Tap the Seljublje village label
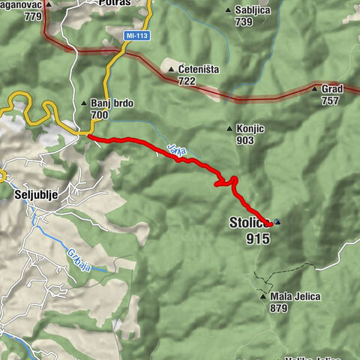pos(34,193)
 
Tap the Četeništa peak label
pos(199,69)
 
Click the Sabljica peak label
pos(253,10)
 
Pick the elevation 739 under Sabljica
pos(243,22)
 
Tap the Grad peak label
pos(331,88)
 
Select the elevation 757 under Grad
pos(331,100)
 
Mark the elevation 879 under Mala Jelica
pos(280,308)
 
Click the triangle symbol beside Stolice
pos(278,222)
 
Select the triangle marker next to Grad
pos(313,88)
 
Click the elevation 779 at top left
pos(13,15)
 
